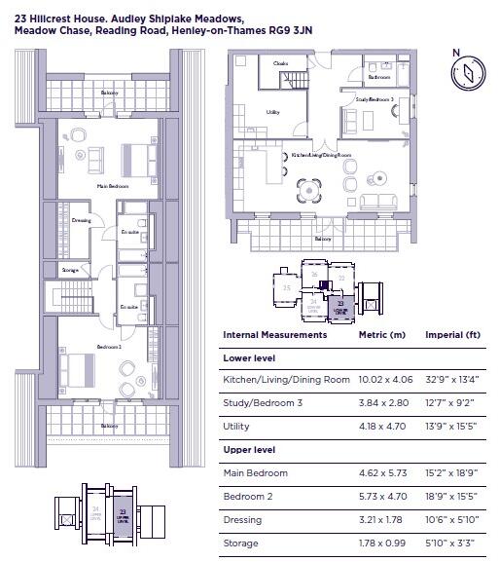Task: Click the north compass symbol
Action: (x=467, y=71)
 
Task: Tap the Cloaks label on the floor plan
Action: (x=281, y=63)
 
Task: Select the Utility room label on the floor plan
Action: (x=273, y=112)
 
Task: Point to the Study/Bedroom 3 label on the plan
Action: (x=375, y=99)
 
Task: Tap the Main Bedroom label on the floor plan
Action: (x=113, y=185)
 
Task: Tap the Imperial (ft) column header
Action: (x=452, y=335)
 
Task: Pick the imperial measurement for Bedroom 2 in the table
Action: (x=451, y=496)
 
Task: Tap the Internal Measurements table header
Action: (x=275, y=335)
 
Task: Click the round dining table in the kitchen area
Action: (x=310, y=188)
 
